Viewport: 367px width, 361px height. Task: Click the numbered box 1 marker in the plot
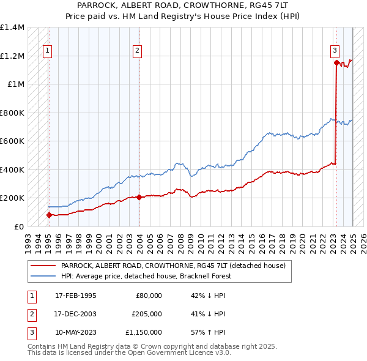point(48,51)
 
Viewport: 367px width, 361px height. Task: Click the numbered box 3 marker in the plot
point(335,51)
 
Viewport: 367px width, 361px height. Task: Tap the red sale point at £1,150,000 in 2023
point(336,62)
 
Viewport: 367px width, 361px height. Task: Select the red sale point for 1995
point(49,215)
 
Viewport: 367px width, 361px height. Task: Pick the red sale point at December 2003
point(139,197)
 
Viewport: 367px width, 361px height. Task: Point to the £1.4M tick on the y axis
point(12,28)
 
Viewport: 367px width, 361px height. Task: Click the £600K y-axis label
point(12,141)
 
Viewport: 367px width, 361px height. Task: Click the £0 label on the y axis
point(18,226)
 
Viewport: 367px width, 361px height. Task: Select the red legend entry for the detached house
point(173,266)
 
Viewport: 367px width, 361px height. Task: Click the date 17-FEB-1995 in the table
point(76,296)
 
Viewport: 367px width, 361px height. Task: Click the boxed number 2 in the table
point(30,314)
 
